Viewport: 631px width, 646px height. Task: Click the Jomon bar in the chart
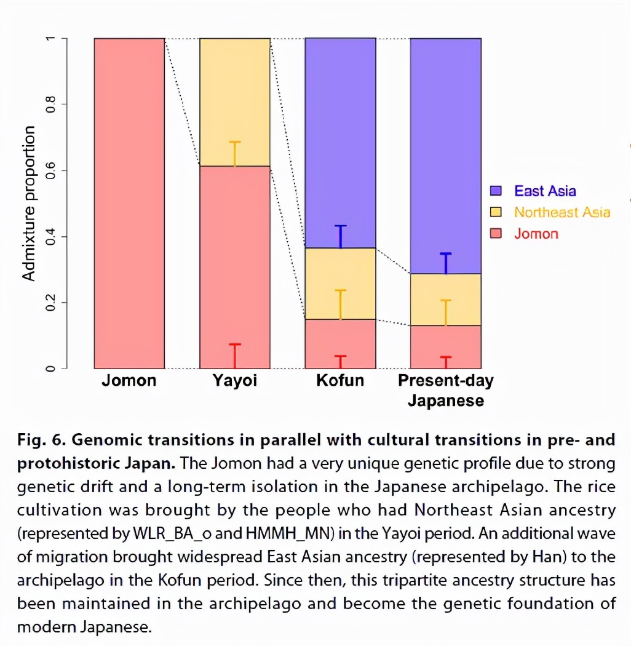pyautogui.click(x=129, y=203)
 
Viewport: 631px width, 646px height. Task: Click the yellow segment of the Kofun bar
pyautogui.click(x=341, y=284)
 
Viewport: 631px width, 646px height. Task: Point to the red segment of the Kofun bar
pyautogui.click(x=341, y=344)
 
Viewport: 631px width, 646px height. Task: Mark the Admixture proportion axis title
pyautogui.click(x=28, y=204)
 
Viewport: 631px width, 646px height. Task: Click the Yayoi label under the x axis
pyautogui.click(x=235, y=381)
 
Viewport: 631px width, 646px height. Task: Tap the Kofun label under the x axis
pyautogui.click(x=340, y=381)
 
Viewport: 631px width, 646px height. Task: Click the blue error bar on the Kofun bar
pyautogui.click(x=341, y=237)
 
